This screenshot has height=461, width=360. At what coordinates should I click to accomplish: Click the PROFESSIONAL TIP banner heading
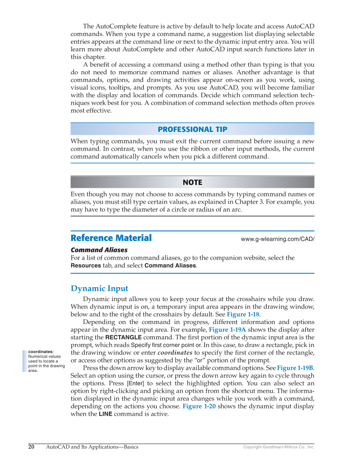[x=192, y=129]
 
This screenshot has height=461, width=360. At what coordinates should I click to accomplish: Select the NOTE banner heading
[x=192, y=182]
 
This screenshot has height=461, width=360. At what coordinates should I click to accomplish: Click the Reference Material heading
[x=111, y=238]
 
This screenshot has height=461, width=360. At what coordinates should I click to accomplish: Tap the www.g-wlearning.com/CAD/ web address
[x=277, y=239]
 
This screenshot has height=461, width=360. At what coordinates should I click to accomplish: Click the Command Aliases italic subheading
[x=99, y=250]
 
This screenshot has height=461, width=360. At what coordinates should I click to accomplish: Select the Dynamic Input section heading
[x=99, y=288]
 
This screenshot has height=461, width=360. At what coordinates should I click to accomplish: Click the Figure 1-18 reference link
[x=243, y=314]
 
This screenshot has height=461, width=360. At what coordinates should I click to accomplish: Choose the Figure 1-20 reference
[x=197, y=406]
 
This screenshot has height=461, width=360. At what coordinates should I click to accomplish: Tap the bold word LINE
[x=106, y=414]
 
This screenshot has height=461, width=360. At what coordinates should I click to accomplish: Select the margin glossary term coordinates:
[x=41, y=352]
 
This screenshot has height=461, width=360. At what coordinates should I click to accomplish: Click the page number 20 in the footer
[x=31, y=447]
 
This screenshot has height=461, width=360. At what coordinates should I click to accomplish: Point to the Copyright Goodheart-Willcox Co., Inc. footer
[x=279, y=447]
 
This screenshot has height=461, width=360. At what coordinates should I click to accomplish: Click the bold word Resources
[x=86, y=266]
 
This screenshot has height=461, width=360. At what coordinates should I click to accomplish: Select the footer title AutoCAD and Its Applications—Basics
[x=92, y=447]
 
